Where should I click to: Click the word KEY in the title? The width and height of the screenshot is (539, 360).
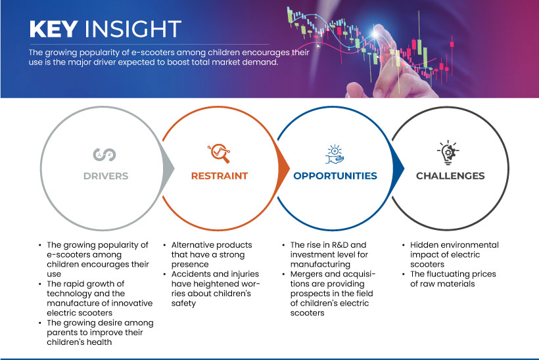pyautogui.click(x=53, y=29)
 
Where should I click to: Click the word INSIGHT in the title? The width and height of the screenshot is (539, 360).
pyautogui.click(x=133, y=29)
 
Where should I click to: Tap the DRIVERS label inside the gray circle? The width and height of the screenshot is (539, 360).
pyautogui.click(x=106, y=176)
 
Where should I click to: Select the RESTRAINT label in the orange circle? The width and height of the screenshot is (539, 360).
pyautogui.click(x=220, y=176)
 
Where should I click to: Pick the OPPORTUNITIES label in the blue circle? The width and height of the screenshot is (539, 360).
pyautogui.click(x=335, y=176)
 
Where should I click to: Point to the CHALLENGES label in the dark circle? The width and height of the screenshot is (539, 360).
pyautogui.click(x=450, y=176)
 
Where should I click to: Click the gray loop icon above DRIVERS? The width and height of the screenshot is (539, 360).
pyautogui.click(x=105, y=154)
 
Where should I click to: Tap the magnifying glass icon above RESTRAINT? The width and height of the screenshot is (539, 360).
pyautogui.click(x=219, y=153)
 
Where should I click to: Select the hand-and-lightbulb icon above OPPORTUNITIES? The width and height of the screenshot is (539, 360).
pyautogui.click(x=335, y=154)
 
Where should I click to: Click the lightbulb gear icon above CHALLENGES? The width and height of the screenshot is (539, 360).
pyautogui.click(x=448, y=152)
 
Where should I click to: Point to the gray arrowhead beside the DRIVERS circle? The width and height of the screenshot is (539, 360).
pyautogui.click(x=168, y=168)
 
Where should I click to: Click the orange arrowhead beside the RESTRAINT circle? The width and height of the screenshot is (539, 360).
pyautogui.click(x=283, y=168)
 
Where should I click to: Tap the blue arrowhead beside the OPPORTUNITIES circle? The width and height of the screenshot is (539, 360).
pyautogui.click(x=398, y=168)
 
